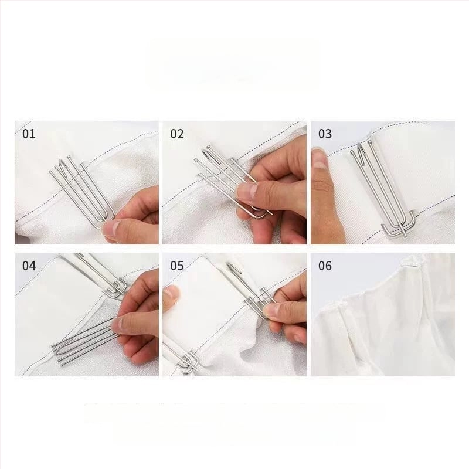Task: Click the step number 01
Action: point(29,134)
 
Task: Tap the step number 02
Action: point(177,134)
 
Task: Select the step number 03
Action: point(325,134)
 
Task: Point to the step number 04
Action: point(29,266)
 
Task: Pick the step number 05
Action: point(177,266)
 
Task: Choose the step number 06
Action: point(325,266)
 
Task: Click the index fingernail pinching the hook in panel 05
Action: point(271,311)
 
